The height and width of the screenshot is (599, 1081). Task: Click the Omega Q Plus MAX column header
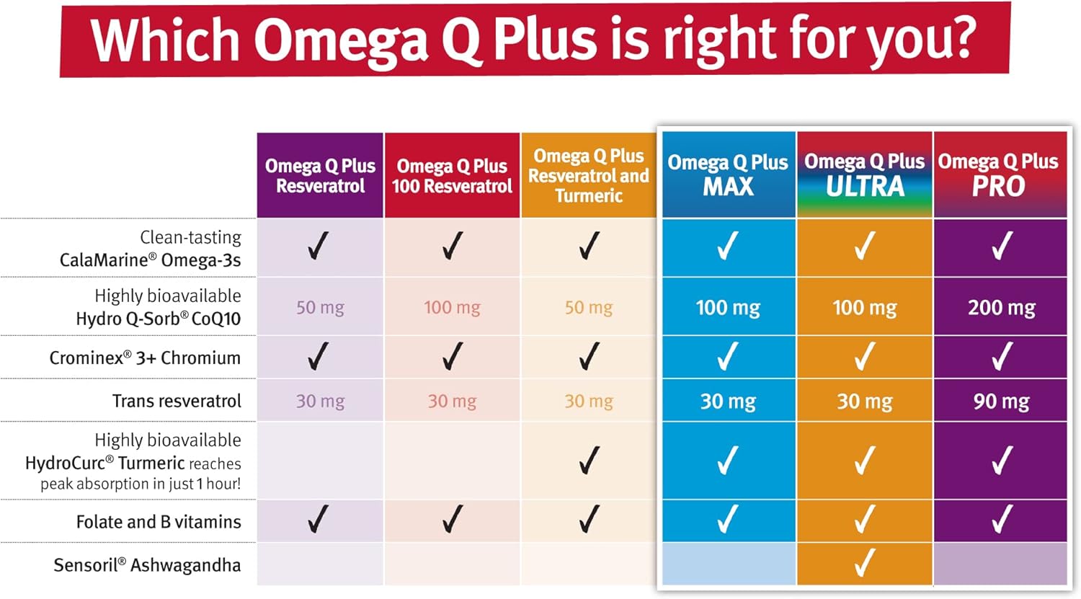[728, 174]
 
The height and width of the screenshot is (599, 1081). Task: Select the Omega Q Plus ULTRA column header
[864, 174]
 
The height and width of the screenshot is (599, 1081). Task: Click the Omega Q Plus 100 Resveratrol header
[452, 176]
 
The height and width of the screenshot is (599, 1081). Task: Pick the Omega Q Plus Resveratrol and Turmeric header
[589, 175]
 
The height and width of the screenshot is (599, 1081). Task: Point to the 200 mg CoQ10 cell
[1001, 308]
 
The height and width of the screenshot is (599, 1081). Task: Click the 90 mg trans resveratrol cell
[1001, 401]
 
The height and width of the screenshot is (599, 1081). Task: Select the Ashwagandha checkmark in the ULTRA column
[864, 563]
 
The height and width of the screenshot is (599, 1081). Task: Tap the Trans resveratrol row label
[177, 401]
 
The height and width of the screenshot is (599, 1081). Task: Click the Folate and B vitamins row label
[159, 521]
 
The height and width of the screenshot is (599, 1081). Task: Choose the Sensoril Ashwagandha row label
[147, 564]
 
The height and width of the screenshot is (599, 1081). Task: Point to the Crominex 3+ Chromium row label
[145, 358]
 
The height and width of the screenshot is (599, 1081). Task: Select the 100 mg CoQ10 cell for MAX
[728, 308]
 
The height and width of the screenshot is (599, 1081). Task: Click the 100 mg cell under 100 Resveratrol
[452, 308]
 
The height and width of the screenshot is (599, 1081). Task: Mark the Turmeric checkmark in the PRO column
[1001, 461]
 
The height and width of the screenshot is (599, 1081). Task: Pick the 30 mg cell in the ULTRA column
[864, 401]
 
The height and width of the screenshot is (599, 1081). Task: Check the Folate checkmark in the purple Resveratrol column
[318, 519]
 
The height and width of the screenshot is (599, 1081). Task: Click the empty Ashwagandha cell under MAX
[729, 564]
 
